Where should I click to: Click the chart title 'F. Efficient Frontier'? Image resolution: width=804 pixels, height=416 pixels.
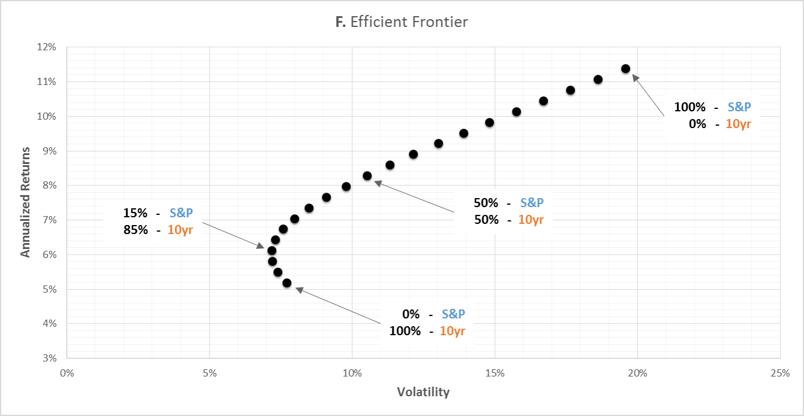(401, 22)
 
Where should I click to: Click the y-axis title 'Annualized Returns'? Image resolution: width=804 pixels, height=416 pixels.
(25, 202)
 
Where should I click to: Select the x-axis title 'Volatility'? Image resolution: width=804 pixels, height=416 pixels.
(423, 392)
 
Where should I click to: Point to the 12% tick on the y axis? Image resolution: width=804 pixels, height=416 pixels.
(47, 47)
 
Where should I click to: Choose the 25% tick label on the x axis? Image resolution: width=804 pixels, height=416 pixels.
(780, 373)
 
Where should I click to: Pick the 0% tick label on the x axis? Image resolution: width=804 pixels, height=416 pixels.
(67, 373)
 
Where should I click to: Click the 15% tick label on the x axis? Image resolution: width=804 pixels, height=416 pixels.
(495, 373)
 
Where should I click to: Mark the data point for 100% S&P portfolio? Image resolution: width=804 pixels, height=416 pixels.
(625, 69)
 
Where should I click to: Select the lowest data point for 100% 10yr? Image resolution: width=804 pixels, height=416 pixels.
(286, 283)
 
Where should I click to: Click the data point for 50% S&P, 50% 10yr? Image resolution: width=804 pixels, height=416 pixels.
(367, 176)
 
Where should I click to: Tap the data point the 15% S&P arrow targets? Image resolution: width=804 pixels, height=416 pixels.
(271, 251)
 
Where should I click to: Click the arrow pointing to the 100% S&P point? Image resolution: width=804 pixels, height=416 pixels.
(648, 95)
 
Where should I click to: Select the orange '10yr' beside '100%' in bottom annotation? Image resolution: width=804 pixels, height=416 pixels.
(452, 330)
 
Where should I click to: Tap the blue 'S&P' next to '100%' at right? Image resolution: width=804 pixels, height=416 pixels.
(739, 107)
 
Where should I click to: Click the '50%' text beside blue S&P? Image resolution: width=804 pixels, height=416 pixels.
(486, 203)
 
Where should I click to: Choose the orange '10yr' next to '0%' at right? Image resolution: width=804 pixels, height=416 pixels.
(738, 125)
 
